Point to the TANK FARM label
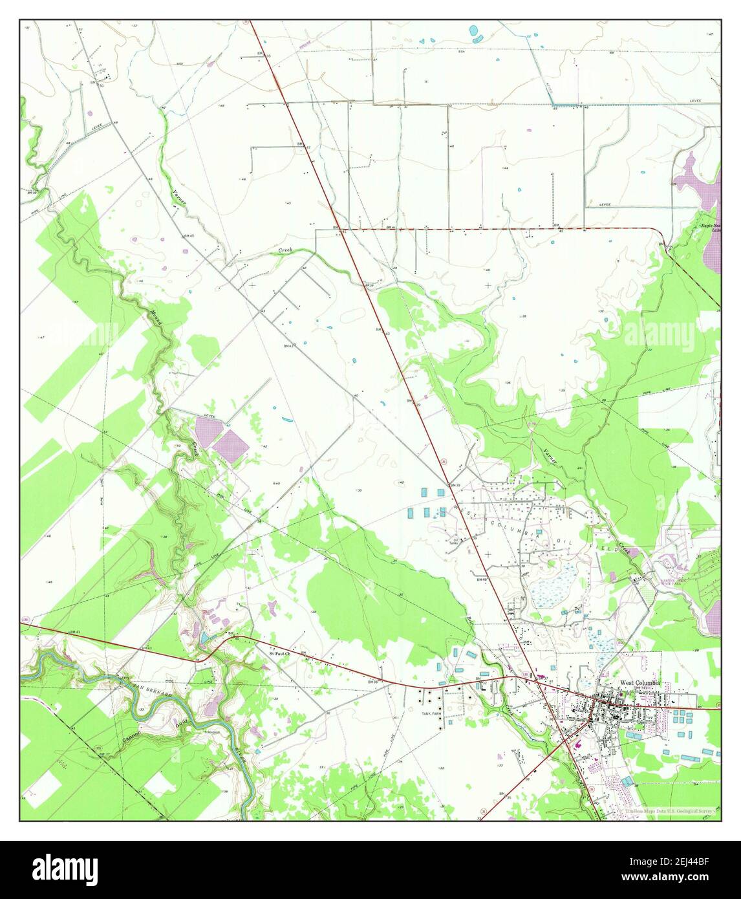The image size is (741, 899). (x=431, y=713)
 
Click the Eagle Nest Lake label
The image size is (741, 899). (x=711, y=227)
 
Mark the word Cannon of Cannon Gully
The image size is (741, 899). (x=131, y=738)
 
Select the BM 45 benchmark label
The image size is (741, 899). (x=189, y=236)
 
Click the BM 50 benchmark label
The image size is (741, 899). (x=97, y=84)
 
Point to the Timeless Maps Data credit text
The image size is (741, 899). (x=672, y=811)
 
